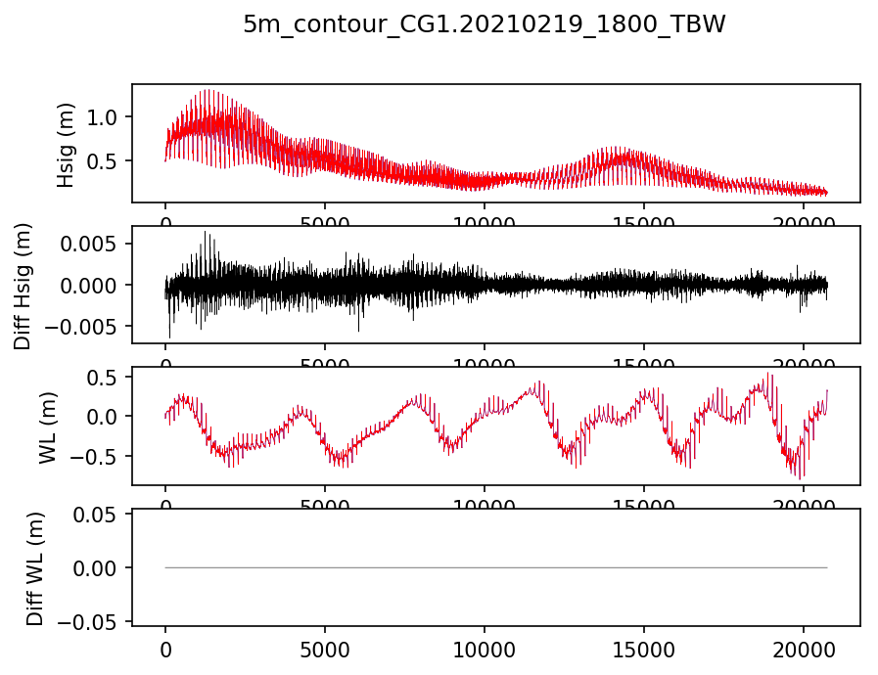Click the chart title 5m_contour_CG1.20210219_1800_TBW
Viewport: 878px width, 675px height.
[485, 25]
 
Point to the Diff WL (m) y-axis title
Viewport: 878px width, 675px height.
[34, 567]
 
